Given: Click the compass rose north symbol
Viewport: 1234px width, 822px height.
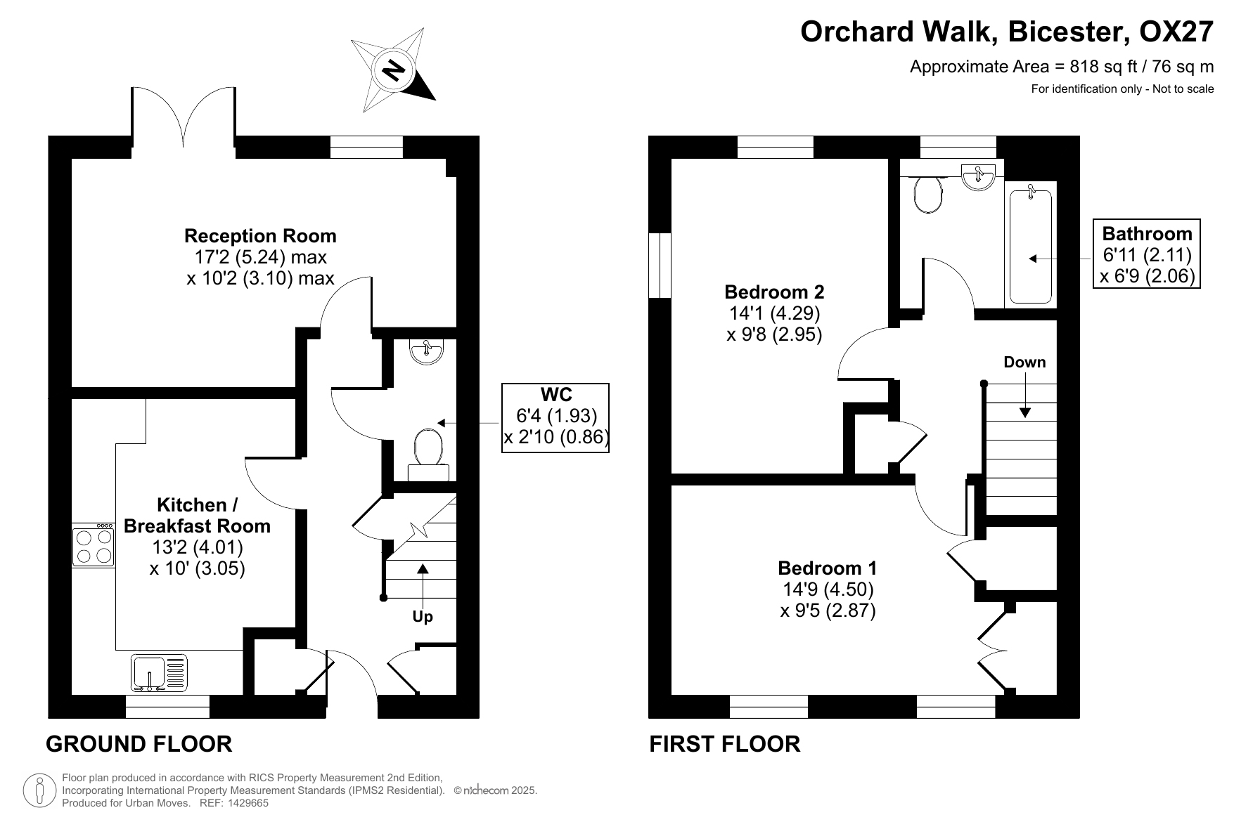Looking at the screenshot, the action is tap(394, 70).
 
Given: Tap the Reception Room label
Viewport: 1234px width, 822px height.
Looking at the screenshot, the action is tap(260, 235).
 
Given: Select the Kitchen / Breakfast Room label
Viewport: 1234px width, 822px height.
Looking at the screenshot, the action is tap(197, 515).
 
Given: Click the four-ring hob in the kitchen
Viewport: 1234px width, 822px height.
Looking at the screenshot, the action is tap(94, 544).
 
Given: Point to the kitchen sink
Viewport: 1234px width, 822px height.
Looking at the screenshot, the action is tap(160, 672).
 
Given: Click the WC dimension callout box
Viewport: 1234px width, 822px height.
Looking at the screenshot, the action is tap(555, 417).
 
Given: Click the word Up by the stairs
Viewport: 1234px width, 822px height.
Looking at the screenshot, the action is tap(423, 617).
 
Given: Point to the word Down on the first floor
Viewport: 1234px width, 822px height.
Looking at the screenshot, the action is tap(1024, 363).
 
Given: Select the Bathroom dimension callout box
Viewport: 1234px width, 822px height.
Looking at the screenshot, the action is tap(1148, 254).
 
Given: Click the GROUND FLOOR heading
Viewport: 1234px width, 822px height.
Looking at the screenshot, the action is tap(139, 744).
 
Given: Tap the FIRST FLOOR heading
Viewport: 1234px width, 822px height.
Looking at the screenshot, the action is tap(725, 744).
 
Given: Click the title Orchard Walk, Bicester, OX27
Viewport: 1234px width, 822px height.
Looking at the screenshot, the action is tap(1007, 32).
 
